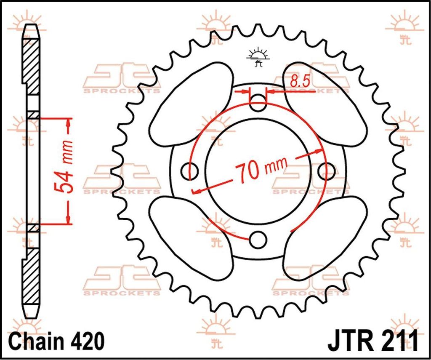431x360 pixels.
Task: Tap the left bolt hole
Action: pyautogui.click(x=189, y=171)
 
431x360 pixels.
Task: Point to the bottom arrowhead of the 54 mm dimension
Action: pyautogui.click(x=68, y=219)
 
